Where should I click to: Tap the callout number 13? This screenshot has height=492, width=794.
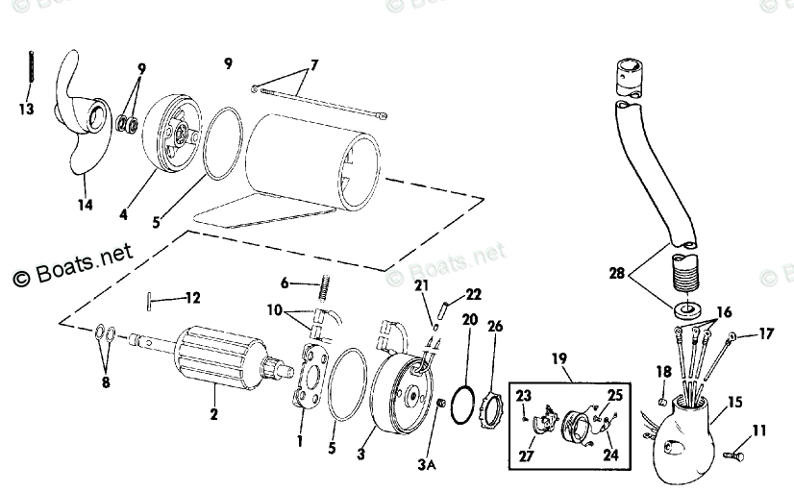tap(26, 110)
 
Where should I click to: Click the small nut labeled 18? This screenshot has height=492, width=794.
tap(662, 401)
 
